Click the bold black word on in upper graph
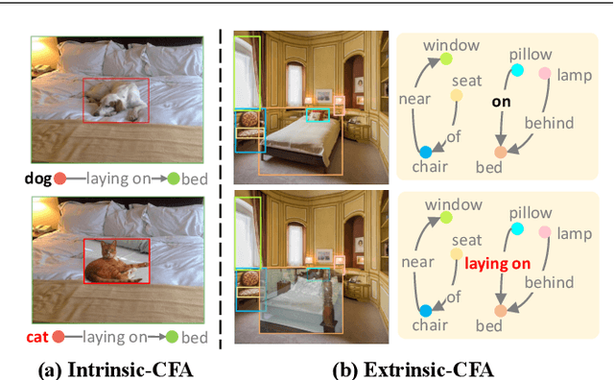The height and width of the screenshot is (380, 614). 501,99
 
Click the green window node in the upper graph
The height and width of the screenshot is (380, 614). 446,59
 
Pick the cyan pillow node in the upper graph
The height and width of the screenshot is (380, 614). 517,70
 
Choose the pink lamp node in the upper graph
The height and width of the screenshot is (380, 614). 545,73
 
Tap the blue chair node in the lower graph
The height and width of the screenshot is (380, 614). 425,310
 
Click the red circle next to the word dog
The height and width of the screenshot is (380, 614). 59,178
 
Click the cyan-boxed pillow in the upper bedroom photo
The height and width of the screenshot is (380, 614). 317,114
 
